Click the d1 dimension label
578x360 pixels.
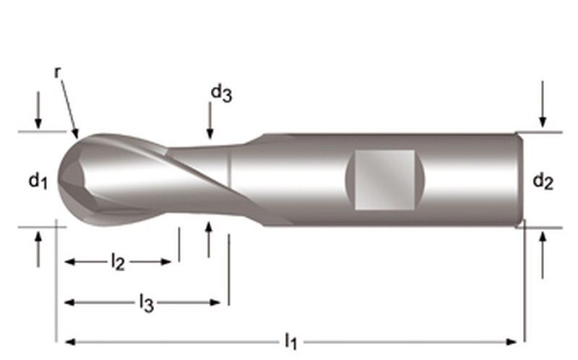38,181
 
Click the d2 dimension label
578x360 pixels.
543,181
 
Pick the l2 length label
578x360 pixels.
117,262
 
